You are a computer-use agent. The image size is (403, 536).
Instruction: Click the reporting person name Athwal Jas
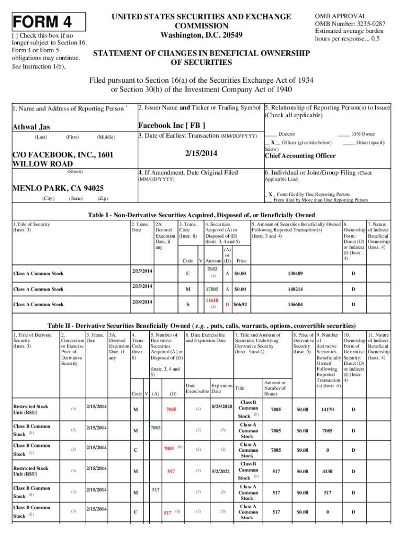click(32, 127)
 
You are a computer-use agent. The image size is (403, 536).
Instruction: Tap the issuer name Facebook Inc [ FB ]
click(171, 126)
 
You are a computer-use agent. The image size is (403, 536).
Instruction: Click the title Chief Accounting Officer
click(300, 156)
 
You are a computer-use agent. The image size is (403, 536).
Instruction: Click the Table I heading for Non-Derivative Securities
click(201, 215)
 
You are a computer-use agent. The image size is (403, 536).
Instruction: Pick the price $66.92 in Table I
click(241, 305)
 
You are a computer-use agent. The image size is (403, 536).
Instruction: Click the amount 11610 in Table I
click(212, 301)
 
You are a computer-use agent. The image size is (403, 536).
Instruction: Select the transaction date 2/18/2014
click(142, 302)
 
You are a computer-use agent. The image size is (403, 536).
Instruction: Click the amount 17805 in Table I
click(212, 289)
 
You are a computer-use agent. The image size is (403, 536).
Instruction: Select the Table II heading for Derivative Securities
click(202, 324)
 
